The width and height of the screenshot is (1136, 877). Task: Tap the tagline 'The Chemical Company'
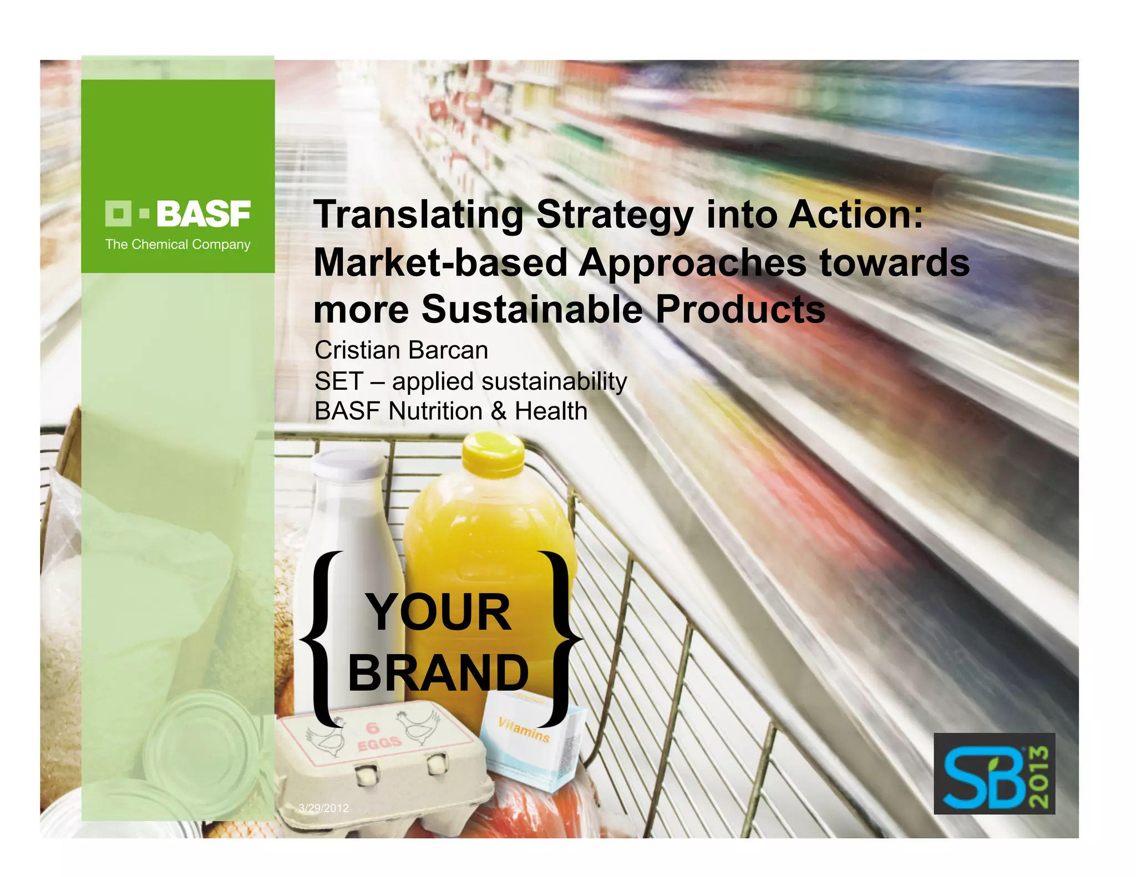[178, 244]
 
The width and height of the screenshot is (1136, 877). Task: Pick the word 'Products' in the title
[741, 309]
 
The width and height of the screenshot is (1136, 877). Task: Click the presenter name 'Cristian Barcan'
[401, 350]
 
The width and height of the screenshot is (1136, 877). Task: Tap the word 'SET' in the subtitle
[338, 381]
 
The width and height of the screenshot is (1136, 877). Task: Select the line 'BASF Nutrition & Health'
[450, 411]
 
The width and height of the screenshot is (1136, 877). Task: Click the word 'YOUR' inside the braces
[438, 612]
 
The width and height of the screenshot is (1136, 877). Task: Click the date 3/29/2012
[324, 808]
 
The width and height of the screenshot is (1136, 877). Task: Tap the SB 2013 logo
[994, 774]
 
